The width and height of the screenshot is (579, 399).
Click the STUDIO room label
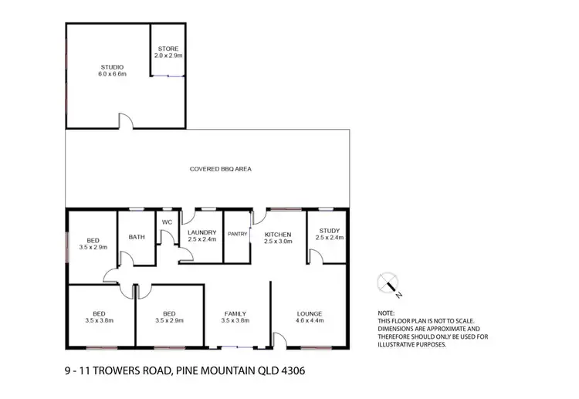tap(111, 67)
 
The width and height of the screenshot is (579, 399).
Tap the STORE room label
tap(168, 49)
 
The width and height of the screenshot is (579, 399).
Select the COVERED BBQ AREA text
tap(221, 168)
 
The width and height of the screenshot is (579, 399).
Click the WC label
tap(166, 222)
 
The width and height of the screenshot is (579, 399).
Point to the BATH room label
tap(137, 237)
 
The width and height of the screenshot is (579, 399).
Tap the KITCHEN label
tap(278, 234)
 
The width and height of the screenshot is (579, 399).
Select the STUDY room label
tap(329, 231)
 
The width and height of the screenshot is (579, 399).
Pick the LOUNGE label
tap(310, 313)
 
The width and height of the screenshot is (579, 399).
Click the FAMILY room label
tap(235, 313)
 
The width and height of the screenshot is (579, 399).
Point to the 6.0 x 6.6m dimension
tap(111, 75)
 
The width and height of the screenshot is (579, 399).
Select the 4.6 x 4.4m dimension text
tap(310, 320)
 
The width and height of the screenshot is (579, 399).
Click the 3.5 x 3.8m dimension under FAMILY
tap(235, 320)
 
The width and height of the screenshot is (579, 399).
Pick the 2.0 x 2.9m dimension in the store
tap(168, 56)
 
